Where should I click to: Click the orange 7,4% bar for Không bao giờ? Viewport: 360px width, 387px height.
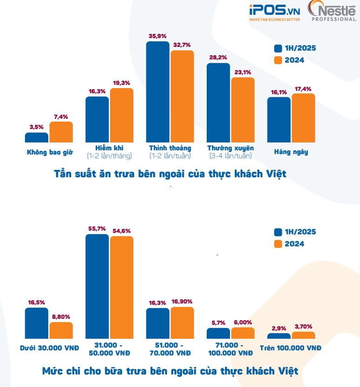[x=61, y=132]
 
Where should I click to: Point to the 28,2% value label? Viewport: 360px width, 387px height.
[x=217, y=58]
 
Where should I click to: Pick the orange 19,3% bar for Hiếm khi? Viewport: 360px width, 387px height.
[x=122, y=115]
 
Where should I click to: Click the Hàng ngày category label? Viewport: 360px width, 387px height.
[x=291, y=152]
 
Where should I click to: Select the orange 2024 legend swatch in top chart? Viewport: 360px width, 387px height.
[x=278, y=60]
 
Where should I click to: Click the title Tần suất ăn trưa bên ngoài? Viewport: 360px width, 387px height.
[x=170, y=174]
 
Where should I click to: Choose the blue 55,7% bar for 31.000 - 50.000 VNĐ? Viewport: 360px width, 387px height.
[x=97, y=286]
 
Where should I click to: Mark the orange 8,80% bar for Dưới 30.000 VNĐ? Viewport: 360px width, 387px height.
[x=61, y=330]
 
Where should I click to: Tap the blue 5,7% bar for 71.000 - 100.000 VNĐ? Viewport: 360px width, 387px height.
[x=218, y=334]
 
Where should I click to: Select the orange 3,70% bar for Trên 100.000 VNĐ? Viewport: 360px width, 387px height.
[x=303, y=335]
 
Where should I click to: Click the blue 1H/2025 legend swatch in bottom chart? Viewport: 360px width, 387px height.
[x=278, y=232]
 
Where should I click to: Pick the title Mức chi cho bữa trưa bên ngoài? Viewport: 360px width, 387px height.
[x=170, y=371]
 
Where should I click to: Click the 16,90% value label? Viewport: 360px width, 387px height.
[x=183, y=301]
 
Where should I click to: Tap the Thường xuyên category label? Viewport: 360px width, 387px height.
[x=230, y=148]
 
